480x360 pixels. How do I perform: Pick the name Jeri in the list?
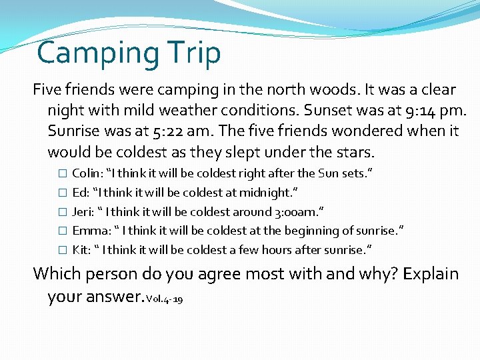83,212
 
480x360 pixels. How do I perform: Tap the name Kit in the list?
80,250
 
